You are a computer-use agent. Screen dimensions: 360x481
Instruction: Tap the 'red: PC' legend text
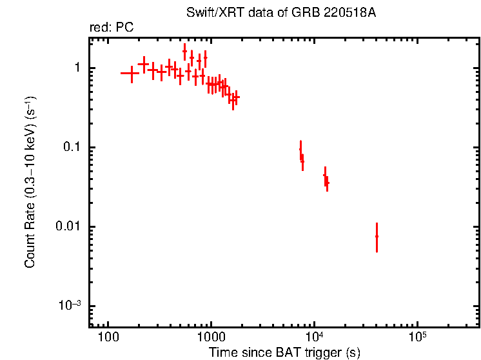pos(112,28)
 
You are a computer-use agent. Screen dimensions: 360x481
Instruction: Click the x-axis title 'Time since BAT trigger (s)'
pos(284,352)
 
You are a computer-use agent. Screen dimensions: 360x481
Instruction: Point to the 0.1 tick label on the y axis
pos(72,148)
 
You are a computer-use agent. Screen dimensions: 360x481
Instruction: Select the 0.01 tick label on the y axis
pos(68,227)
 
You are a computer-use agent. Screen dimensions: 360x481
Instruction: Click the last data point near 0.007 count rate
pos(377,237)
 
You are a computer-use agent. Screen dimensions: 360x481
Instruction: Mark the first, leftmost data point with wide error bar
pos(131,74)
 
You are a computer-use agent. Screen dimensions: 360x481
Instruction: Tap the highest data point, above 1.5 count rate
pos(185,51)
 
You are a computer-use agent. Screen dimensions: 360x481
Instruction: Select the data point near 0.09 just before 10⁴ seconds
pos(300,151)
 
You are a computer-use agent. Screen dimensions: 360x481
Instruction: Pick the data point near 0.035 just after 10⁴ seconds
pos(327,183)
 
